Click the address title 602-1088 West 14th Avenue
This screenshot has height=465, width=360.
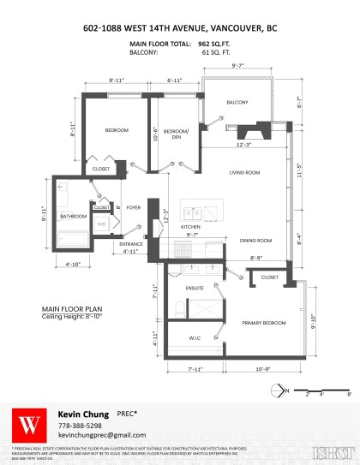tap(180, 27)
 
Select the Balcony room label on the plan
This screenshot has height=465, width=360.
tap(237, 103)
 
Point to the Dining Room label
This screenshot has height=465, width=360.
tap(255, 241)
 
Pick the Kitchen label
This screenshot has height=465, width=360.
tap(189, 226)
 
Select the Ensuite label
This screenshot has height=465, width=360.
tap(196, 289)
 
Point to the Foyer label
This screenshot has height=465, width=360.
tap(133, 206)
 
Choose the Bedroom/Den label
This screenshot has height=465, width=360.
tap(176, 133)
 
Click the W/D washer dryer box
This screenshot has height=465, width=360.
tap(101, 224)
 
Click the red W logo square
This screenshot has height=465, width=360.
tap(31, 423)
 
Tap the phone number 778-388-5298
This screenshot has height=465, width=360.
tap(80, 425)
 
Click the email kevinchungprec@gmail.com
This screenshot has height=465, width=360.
tap(96, 436)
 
